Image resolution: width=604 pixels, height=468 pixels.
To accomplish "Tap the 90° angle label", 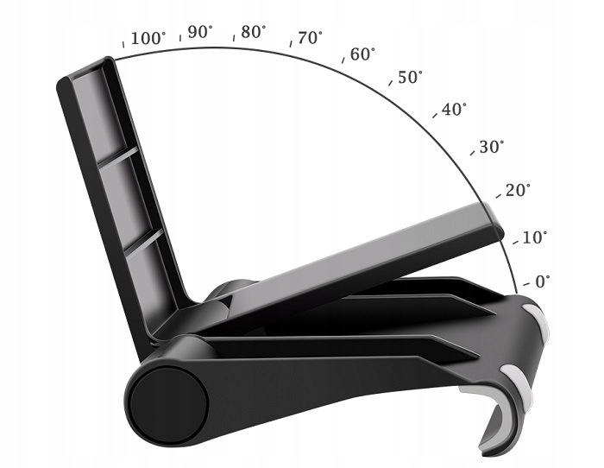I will coord(200,32).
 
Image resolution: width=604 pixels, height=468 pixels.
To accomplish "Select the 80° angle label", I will coord(253,32).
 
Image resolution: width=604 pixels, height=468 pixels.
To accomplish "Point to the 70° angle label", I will coord(310,39).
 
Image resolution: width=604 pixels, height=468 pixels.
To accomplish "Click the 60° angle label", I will coord(363,54).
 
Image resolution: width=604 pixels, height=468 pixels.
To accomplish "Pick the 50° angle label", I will coord(410,78).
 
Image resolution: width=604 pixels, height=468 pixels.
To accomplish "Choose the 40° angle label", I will coord(454,110).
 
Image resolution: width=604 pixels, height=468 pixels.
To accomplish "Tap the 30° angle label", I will coord(491,147).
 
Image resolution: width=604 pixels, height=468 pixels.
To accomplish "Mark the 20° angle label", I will coord(518,191).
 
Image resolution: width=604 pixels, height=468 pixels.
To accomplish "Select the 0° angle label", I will coord(543,281).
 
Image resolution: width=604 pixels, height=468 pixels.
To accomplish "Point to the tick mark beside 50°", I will coord(393,84).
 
